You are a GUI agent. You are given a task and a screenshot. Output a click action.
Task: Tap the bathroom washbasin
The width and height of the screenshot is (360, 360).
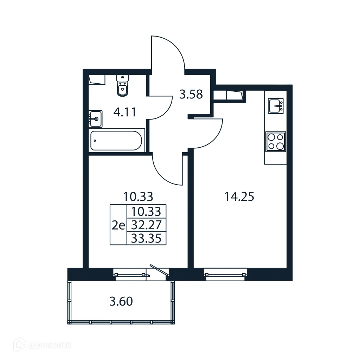[x=95, y=118]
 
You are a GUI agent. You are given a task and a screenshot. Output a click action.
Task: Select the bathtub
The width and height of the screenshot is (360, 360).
[x=116, y=141]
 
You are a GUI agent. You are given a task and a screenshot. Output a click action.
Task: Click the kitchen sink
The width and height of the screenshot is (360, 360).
[x=276, y=105]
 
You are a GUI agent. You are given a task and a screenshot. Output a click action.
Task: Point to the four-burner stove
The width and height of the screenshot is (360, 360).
[x=276, y=141]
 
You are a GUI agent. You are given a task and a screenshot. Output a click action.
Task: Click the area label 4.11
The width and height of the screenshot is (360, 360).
[x=124, y=113]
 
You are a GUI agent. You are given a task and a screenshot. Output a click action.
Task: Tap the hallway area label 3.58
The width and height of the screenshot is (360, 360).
[x=191, y=95]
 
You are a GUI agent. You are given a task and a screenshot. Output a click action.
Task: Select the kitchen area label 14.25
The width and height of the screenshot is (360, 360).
[x=239, y=197]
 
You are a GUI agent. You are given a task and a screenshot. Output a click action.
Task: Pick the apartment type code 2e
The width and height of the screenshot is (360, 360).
[x=118, y=225]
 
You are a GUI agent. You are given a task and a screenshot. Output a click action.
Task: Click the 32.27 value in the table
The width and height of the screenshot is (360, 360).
[x=146, y=225]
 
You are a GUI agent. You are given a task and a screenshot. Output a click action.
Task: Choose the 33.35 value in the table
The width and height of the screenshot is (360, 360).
[x=146, y=239]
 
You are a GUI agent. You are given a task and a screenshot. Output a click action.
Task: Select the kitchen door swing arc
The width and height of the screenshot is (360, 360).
[x=207, y=134]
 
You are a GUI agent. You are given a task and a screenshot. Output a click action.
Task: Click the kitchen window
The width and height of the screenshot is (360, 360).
[x=225, y=274]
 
